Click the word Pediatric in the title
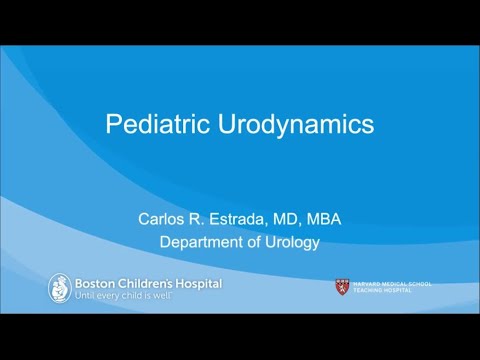point(153,125)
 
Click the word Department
point(207,241)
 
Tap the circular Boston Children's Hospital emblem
point(60,288)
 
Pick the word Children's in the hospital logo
point(150,284)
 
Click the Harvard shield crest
point(342,287)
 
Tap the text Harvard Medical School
point(390,284)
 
